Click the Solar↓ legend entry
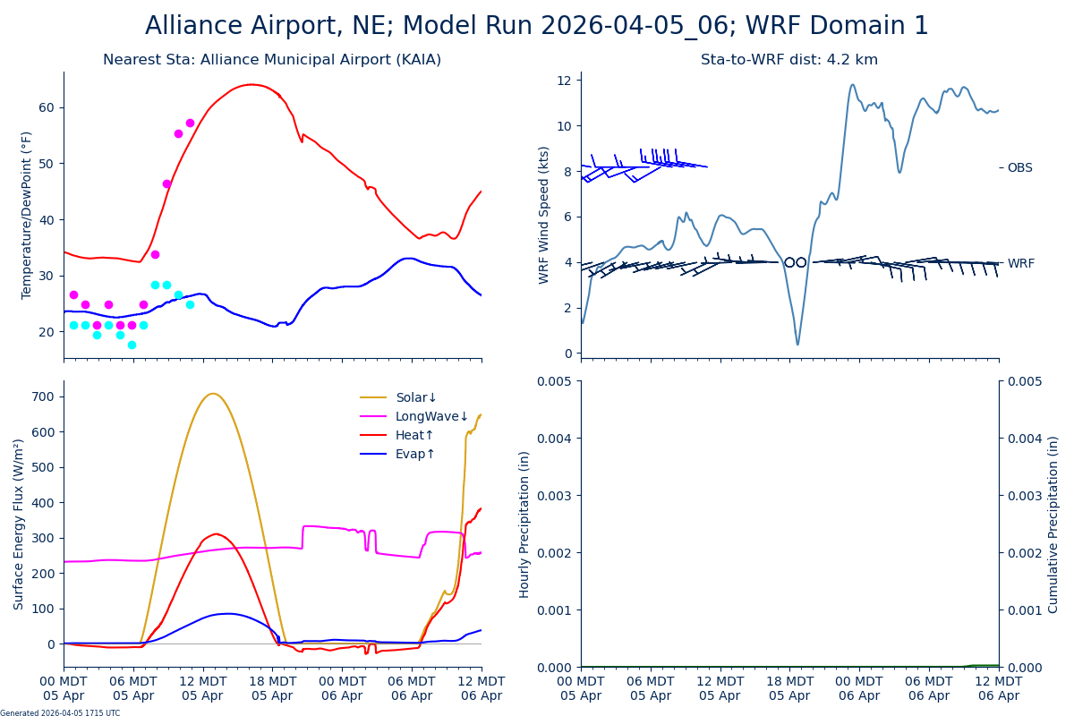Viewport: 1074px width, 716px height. click(x=416, y=398)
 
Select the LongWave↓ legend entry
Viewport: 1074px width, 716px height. click(x=431, y=417)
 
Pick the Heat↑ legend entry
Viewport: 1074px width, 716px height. click(x=414, y=436)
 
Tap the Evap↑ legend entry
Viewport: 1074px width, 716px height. click(x=414, y=455)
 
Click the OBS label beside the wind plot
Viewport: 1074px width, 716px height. click(x=1019, y=168)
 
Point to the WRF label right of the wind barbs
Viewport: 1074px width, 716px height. click(x=1020, y=264)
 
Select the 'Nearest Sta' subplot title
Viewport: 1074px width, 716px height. click(x=272, y=60)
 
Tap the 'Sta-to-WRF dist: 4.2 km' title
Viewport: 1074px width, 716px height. click(x=789, y=60)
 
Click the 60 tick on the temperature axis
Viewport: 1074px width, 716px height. click(x=46, y=107)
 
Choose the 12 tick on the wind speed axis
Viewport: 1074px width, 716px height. click(x=564, y=81)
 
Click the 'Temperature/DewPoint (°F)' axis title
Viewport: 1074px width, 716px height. click(x=27, y=215)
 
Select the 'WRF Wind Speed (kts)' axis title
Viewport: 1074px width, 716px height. click(x=544, y=215)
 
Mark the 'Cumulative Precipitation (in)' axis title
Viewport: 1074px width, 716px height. click(x=1053, y=524)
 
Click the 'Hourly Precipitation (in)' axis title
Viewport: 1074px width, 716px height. click(x=524, y=524)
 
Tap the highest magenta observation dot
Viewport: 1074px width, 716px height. click(x=190, y=123)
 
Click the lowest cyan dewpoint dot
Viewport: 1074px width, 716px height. click(x=132, y=345)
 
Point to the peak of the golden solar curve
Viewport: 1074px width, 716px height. click(x=212, y=394)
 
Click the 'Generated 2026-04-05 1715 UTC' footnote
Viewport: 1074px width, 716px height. click(x=60, y=712)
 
